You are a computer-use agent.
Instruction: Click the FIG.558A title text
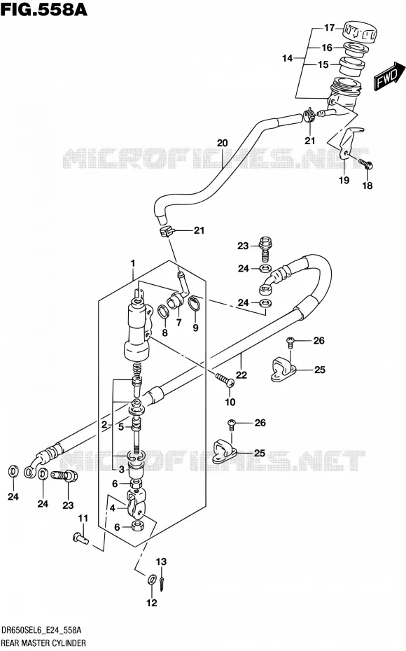click(43, 8)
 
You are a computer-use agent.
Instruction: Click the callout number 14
click(287, 58)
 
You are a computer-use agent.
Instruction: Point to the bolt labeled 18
click(365, 164)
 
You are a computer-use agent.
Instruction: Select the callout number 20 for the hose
click(223, 143)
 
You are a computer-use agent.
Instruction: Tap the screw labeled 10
click(225, 380)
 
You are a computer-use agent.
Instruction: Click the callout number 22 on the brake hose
click(241, 374)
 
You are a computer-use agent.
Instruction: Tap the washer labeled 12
click(152, 580)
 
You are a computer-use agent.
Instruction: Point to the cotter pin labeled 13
click(162, 582)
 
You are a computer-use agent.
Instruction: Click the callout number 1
click(133, 263)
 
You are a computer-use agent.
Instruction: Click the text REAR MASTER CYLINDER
click(43, 643)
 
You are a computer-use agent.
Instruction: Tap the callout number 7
click(179, 322)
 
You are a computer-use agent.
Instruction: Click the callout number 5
click(121, 426)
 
